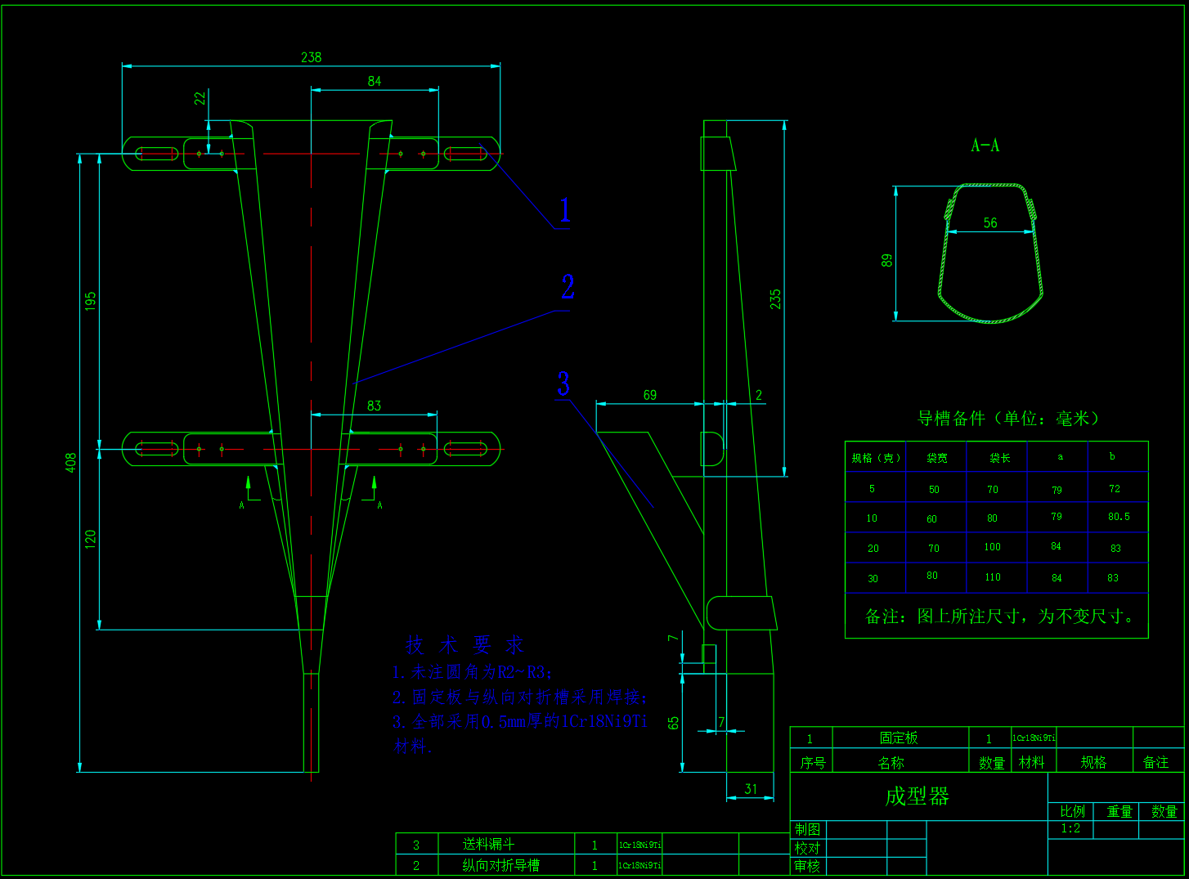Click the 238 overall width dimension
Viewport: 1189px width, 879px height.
[312, 57]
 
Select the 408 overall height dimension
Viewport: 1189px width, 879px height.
[71, 462]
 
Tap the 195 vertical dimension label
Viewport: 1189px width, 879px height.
[91, 300]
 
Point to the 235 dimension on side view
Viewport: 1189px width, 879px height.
[775, 298]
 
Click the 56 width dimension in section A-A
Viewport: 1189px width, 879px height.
[990, 222]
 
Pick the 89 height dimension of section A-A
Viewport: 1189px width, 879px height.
[887, 260]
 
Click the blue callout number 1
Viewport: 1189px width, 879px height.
[564, 210]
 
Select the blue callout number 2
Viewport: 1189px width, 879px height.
[568, 287]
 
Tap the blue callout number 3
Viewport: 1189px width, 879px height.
[563, 383]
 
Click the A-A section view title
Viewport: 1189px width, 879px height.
[985, 146]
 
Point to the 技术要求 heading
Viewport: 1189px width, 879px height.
[464, 645]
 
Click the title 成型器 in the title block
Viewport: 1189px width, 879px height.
[917, 796]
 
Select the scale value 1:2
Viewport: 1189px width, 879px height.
[1070, 828]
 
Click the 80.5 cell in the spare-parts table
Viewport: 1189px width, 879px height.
[1119, 517]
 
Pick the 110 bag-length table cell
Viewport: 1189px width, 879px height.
[993, 577]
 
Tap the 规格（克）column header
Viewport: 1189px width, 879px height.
[876, 458]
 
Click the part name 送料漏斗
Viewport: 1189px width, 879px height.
[489, 844]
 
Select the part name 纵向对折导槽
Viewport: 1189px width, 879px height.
[500, 865]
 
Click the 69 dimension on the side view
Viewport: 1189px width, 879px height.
[650, 395]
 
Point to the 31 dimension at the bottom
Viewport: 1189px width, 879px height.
[751, 789]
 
